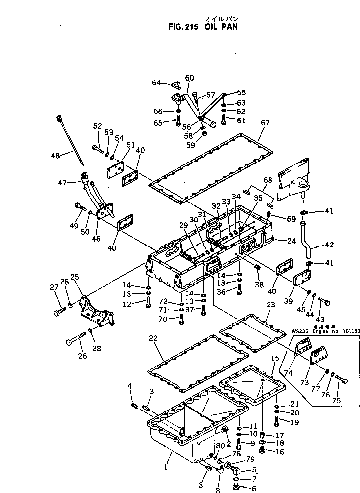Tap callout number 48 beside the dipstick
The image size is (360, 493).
55,156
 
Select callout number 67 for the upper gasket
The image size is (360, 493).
265,123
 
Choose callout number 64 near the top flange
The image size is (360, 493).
156,83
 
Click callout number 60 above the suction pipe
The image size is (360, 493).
189,78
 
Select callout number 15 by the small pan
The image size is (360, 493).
275,358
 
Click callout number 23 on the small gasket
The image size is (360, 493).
270,305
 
